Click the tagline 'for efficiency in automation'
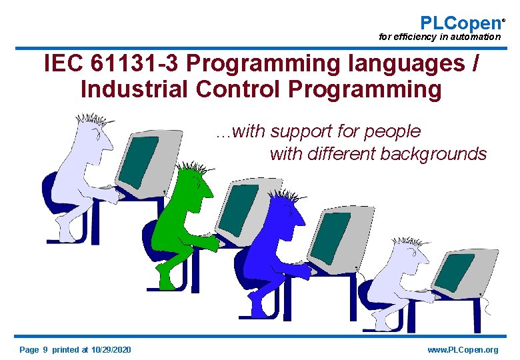point(439,37)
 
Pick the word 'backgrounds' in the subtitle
point(433,154)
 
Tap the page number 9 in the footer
point(45,350)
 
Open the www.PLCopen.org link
point(463,350)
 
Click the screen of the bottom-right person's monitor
point(455,272)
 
